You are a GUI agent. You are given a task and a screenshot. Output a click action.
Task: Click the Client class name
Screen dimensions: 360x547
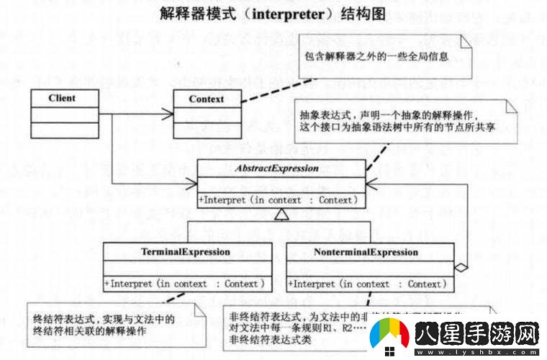(x=62, y=98)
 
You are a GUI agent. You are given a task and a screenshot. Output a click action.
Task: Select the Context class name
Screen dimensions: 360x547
(x=206, y=99)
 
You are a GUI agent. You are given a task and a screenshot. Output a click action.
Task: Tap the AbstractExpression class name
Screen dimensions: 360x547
(x=276, y=168)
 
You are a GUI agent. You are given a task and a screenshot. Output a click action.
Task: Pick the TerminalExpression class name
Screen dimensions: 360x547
(x=186, y=252)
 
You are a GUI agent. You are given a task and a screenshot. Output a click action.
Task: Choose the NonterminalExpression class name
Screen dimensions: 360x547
(x=366, y=252)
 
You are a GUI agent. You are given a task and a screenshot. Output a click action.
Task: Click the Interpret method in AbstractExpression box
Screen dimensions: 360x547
(x=278, y=199)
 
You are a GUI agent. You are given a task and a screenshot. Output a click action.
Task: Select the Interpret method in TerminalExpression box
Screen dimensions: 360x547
(x=186, y=284)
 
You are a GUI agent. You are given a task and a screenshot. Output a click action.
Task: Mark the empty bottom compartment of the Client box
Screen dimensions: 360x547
(x=63, y=130)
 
